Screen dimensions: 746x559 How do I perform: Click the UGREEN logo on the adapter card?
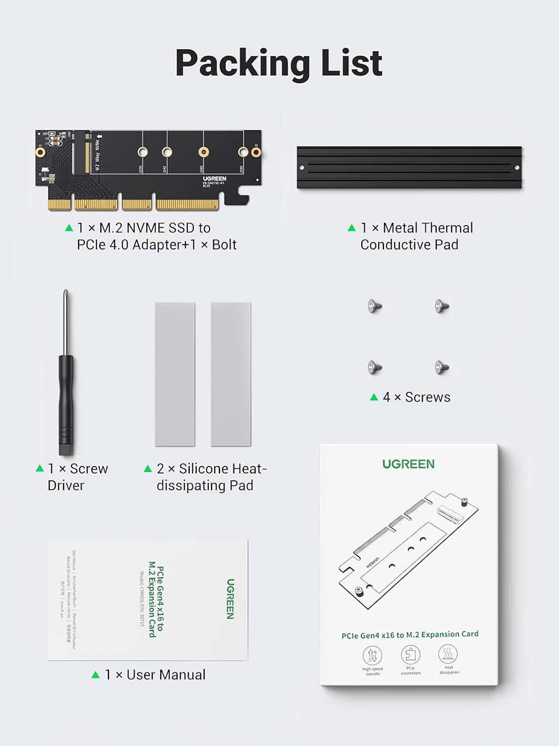pos(214,179)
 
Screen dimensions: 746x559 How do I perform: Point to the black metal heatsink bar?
pos(409,167)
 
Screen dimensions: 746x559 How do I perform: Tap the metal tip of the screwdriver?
pos(66,318)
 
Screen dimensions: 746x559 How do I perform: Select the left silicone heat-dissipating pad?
pos(175,374)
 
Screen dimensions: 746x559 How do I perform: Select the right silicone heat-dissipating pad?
pos(231,374)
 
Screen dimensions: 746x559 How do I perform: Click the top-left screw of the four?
pos(375,306)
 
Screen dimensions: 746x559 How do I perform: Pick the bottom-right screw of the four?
pos(442,368)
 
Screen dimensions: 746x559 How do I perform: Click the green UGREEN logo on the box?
pos(408,464)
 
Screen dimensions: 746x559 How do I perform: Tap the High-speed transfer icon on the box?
pos(373,655)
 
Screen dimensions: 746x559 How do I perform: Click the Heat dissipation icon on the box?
pos(448,653)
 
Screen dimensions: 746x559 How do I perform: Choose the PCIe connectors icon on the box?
pos(410,654)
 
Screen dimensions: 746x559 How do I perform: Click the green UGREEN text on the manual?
pos(230,599)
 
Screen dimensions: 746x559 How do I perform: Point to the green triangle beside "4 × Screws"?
pos(374,397)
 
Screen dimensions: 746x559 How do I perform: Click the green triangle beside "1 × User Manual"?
pos(96,674)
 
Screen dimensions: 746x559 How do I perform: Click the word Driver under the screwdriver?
pos(66,485)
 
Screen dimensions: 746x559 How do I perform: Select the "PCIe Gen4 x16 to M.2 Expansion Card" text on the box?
pos(410,635)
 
